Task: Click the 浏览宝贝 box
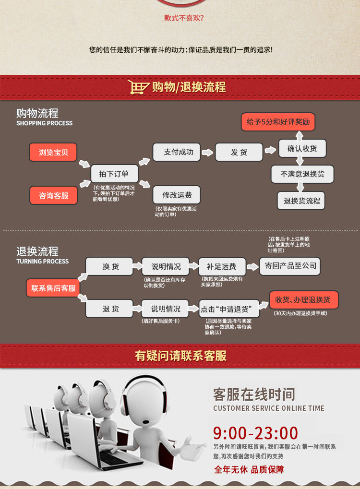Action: point(53,152)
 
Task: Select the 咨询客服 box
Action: point(53,195)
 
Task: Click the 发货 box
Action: point(239,152)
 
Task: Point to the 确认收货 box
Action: point(302,148)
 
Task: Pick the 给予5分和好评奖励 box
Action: point(278,122)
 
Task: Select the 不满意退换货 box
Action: point(302,174)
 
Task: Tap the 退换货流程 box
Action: point(301,201)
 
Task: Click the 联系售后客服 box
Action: point(53,288)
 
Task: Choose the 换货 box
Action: point(110,266)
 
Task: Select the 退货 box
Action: point(110,309)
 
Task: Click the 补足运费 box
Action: point(222,266)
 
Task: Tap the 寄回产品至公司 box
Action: point(289,265)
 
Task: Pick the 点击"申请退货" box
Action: point(229,309)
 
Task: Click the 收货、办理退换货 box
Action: point(303,300)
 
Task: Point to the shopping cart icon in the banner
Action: point(139,87)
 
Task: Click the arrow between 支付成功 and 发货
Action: point(207,152)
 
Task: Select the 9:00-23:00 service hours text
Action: point(255,433)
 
